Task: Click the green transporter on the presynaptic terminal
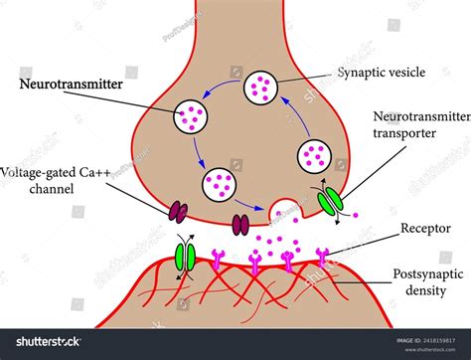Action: [x=332, y=198]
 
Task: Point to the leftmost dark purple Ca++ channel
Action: [x=179, y=211]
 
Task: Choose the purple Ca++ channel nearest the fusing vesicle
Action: [x=240, y=224]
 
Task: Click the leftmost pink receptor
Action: [x=216, y=262]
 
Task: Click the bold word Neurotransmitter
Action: [x=72, y=87]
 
